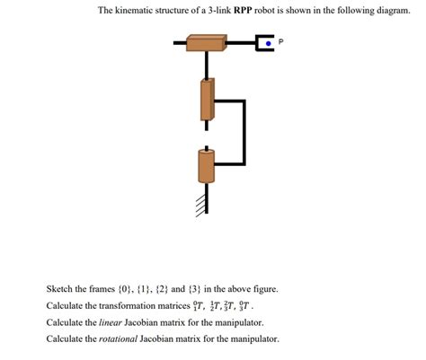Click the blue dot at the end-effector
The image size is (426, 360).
(x=268, y=42)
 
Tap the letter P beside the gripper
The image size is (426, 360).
(x=281, y=41)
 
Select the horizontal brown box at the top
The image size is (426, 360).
(x=207, y=42)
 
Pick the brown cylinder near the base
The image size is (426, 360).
(x=207, y=167)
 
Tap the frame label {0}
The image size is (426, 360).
(x=128, y=289)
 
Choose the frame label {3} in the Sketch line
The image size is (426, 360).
(x=201, y=289)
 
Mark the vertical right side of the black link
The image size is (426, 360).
(x=244, y=132)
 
